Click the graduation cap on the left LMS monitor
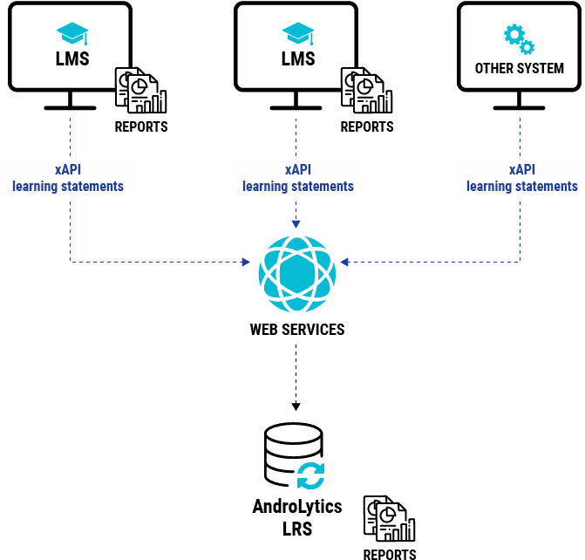72,34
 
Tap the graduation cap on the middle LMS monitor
298,34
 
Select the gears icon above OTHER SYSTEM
519,39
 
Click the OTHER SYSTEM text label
520,68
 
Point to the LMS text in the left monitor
72,58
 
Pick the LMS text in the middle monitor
298,58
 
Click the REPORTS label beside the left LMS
141,127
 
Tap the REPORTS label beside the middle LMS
367,127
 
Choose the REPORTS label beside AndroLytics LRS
390,555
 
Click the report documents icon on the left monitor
141,90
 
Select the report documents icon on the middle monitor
367,90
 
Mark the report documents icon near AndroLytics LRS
390,518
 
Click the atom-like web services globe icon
297,274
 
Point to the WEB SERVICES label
297,330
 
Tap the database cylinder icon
293,454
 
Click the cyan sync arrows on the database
310,475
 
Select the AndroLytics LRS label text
297,517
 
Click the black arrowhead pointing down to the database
296,406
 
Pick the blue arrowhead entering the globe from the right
344,262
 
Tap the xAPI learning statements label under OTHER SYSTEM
522,178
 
